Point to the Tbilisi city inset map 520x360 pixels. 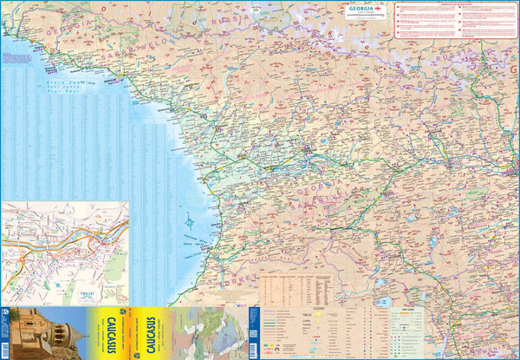pyautogui.click(x=65, y=252)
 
